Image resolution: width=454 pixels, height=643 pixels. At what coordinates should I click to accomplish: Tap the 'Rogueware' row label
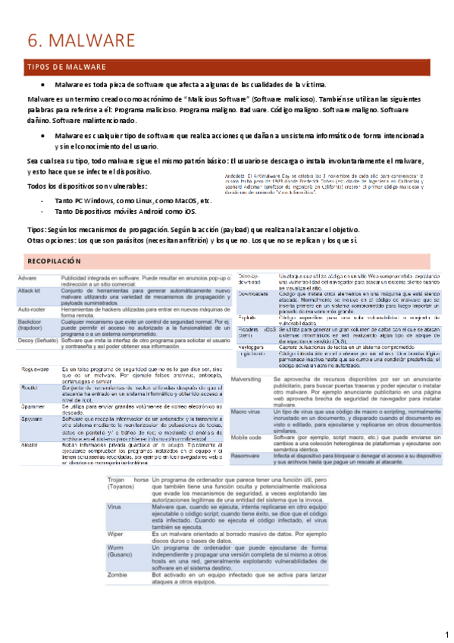click(35, 369)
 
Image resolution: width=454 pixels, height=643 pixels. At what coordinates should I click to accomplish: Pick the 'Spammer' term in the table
click(33, 408)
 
